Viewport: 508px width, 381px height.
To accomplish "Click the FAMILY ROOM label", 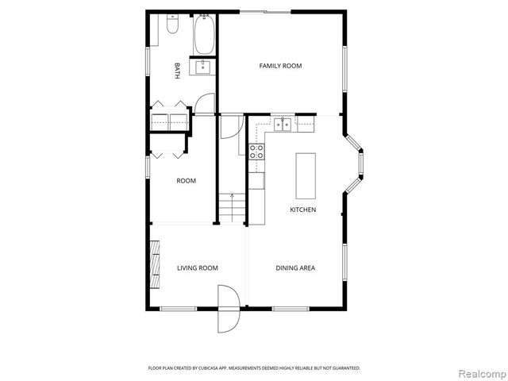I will pos(280,66).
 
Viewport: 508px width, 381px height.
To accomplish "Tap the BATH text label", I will pos(177,71).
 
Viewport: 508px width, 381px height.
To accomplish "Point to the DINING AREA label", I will pos(295,268).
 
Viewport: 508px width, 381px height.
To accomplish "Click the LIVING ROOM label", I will pos(197,268).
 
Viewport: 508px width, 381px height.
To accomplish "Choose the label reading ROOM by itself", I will pos(186,181).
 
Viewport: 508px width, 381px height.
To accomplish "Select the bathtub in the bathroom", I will pos(202,33).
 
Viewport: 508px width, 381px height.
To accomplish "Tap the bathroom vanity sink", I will pos(203,67).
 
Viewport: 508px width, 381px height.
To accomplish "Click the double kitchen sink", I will pos(283,124).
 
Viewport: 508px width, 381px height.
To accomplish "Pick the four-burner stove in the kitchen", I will pos(257,151).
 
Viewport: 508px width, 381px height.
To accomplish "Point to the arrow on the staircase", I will pos(232,197).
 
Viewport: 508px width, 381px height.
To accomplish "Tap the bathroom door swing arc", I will pos(206,104).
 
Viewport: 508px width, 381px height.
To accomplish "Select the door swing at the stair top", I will pos(229,127).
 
